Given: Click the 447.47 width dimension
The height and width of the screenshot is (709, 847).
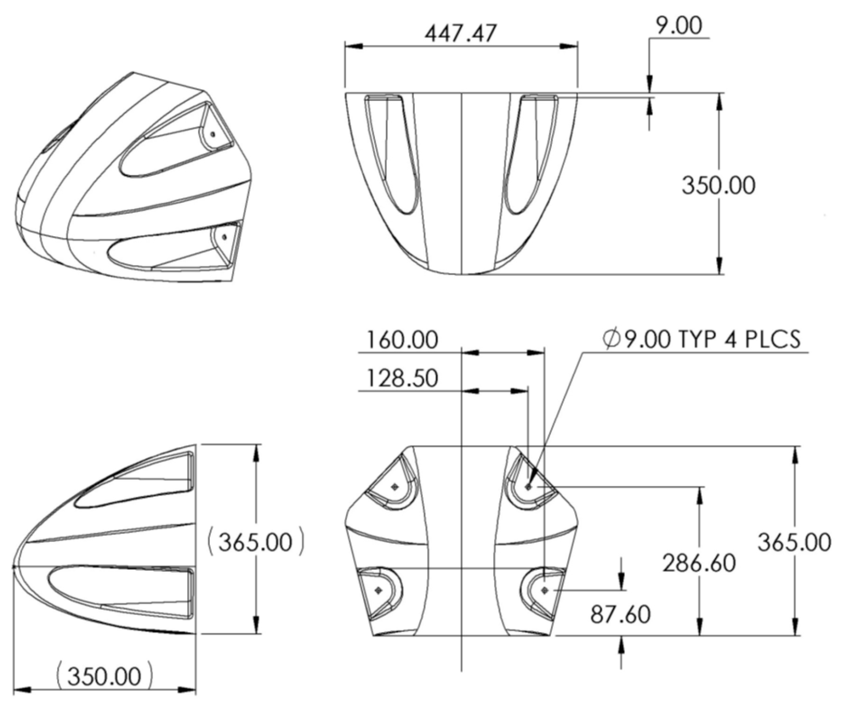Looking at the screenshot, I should [x=460, y=33].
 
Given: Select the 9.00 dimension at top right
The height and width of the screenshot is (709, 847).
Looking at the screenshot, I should [x=679, y=25].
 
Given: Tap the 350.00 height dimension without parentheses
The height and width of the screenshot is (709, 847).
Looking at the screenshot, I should [x=718, y=185].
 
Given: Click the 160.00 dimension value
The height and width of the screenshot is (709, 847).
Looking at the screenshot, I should [x=402, y=340].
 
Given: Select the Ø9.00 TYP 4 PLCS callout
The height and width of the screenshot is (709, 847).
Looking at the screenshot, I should [x=701, y=339].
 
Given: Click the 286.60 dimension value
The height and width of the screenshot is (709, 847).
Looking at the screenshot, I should [x=699, y=562].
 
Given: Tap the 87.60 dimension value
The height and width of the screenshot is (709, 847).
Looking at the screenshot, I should [x=620, y=614].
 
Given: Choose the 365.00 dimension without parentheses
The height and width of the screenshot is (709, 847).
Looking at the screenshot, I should [x=794, y=542].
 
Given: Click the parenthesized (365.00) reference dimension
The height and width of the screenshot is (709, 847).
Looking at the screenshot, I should [x=255, y=542].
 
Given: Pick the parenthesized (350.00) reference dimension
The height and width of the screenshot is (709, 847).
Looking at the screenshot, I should [x=104, y=676].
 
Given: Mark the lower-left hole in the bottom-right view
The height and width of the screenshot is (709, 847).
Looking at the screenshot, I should [x=378, y=590].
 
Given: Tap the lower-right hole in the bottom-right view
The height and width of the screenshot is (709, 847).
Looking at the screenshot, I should [x=545, y=590].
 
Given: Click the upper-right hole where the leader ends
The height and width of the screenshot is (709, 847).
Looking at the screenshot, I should [x=528, y=487].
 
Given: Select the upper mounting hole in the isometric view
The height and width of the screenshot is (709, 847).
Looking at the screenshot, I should [x=212, y=133].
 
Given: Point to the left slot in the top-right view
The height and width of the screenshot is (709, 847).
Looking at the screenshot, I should [x=392, y=154].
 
